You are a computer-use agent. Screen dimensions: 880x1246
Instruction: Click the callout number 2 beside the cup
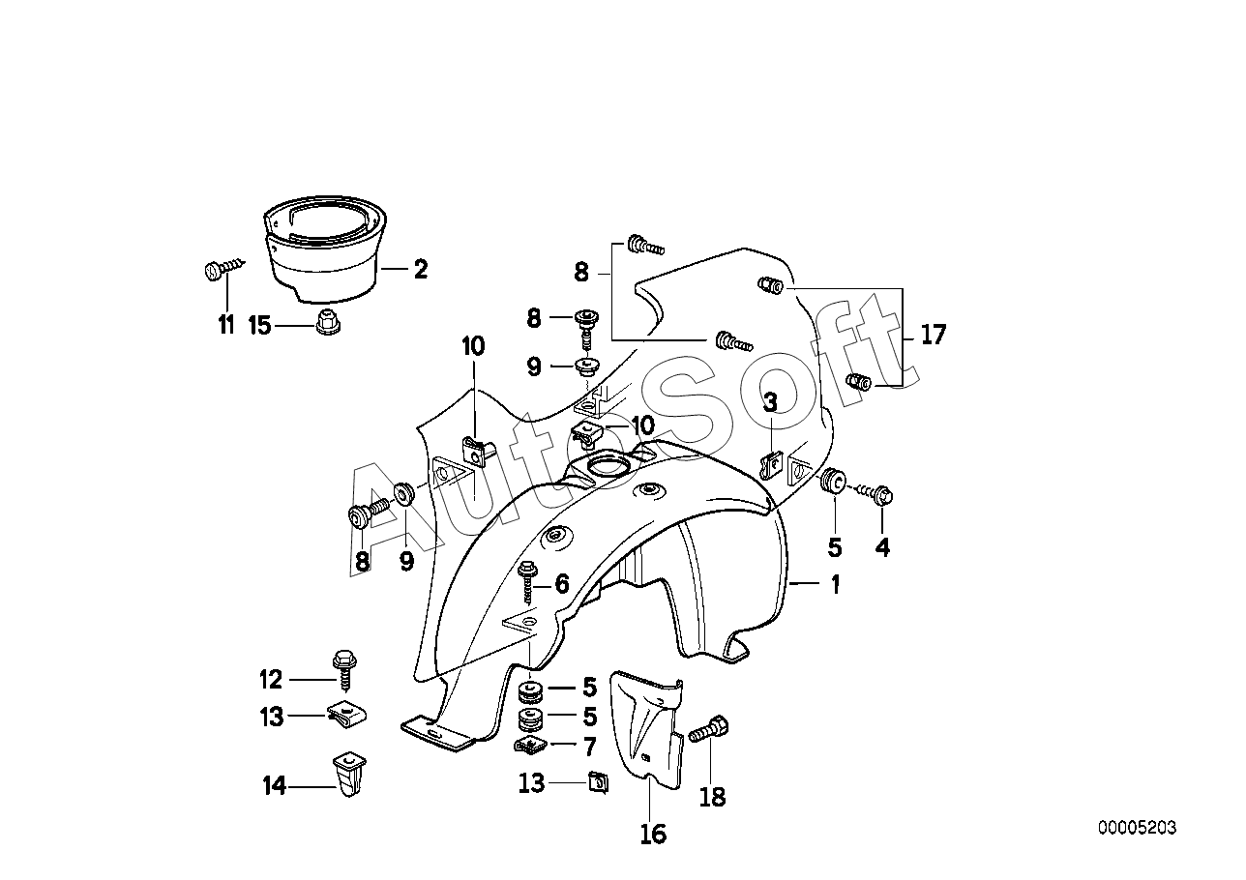(x=420, y=269)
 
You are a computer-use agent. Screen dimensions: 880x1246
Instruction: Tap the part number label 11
(x=226, y=324)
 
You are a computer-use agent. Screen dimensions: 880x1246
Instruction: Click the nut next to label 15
(x=327, y=322)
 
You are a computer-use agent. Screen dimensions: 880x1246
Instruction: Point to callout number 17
(x=933, y=336)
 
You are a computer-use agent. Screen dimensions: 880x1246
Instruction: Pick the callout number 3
(x=770, y=401)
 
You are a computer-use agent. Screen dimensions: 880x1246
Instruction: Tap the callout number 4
(x=882, y=547)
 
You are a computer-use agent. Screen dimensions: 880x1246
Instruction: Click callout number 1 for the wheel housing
(x=834, y=584)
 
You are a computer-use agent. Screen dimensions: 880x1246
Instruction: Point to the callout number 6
(x=561, y=583)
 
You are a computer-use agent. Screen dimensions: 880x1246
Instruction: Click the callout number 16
(x=654, y=834)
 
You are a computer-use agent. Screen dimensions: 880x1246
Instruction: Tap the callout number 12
(x=271, y=680)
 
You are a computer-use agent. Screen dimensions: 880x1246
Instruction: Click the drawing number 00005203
(x=1137, y=828)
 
